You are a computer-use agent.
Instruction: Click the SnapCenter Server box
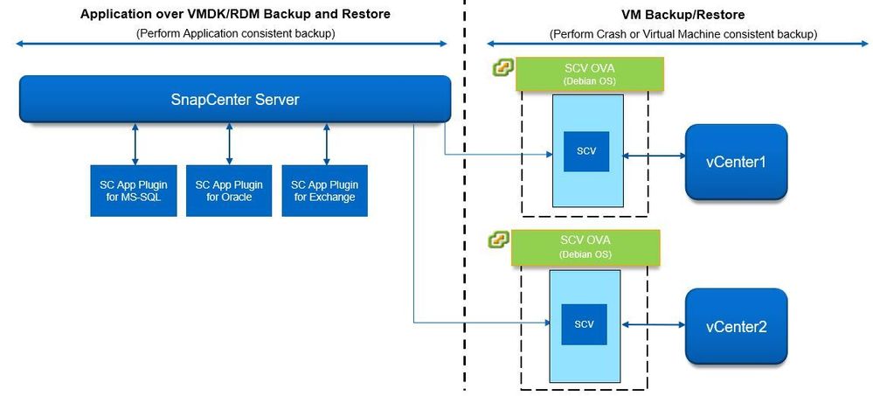(234, 99)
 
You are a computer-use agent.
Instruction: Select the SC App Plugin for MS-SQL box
(134, 190)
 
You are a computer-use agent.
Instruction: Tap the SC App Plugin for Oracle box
(229, 190)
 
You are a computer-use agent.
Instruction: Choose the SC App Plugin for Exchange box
(325, 190)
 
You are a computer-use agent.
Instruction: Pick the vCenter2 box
(736, 326)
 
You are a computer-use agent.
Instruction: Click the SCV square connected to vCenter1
(585, 150)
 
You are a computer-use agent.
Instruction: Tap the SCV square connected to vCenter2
(585, 323)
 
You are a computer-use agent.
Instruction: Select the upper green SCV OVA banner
(589, 73)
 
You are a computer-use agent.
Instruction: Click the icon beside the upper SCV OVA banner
(502, 67)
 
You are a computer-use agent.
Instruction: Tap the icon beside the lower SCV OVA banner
(498, 240)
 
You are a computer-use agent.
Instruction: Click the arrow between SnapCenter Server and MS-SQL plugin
(135, 143)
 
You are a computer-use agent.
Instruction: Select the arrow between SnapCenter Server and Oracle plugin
(229, 143)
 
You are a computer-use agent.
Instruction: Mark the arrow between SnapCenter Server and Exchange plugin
(326, 143)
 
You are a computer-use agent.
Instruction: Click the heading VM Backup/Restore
(682, 15)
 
